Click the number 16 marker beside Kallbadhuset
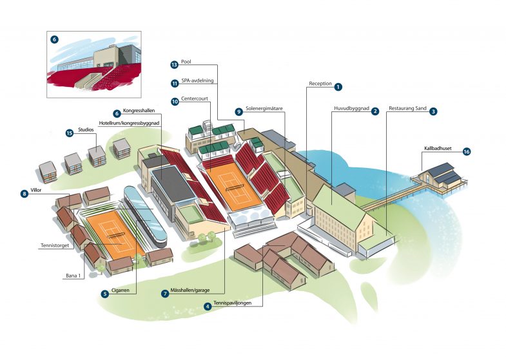[467, 152]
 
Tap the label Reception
[320, 84]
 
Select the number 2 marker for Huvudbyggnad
[375, 111]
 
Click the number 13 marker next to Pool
[174, 64]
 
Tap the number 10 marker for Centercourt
[174, 101]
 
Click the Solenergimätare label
[264, 111]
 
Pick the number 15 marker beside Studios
[69, 133]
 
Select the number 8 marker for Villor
[24, 193]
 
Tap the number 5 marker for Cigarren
[104, 294]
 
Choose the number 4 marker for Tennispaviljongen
[207, 306]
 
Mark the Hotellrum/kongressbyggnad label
[130, 122]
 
